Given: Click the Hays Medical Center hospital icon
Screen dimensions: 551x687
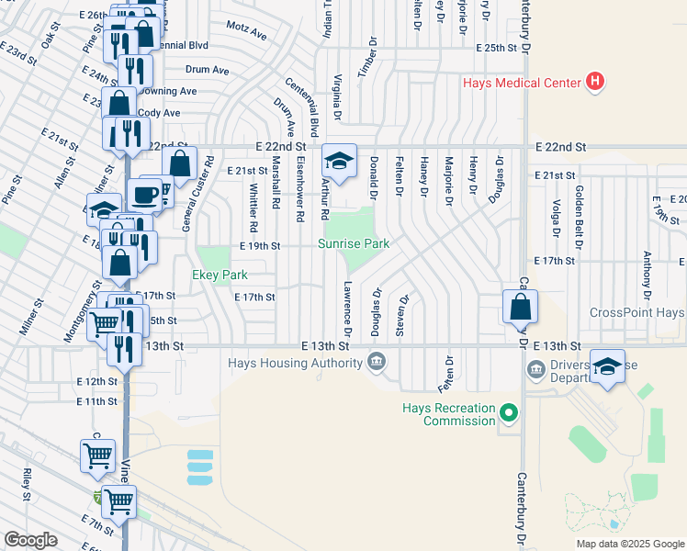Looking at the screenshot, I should (595, 83).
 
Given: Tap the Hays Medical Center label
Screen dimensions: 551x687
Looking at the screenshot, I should (521, 84).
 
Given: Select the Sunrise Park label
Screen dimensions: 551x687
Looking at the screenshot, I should (354, 243).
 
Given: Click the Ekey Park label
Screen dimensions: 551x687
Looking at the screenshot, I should (219, 275).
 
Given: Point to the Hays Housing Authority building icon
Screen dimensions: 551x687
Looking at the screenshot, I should (376, 364).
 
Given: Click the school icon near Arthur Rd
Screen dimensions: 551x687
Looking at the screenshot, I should (339, 163).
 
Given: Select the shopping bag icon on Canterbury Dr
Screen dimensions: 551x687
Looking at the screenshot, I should (520, 306).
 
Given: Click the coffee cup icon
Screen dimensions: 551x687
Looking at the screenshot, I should (144, 195).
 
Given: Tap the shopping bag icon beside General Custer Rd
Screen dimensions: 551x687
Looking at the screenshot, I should (180, 164).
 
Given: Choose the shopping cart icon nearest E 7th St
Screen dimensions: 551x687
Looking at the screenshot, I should (118, 501).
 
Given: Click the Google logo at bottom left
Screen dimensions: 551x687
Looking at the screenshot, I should (30, 539).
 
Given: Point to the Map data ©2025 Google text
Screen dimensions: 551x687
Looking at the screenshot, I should (629, 544).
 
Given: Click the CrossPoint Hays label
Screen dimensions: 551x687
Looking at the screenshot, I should (637, 313).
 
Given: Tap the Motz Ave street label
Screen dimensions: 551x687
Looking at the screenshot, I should (245, 34).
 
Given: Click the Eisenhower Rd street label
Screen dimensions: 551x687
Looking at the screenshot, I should (299, 188).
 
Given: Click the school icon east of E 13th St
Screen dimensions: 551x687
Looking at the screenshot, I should (606, 366).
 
